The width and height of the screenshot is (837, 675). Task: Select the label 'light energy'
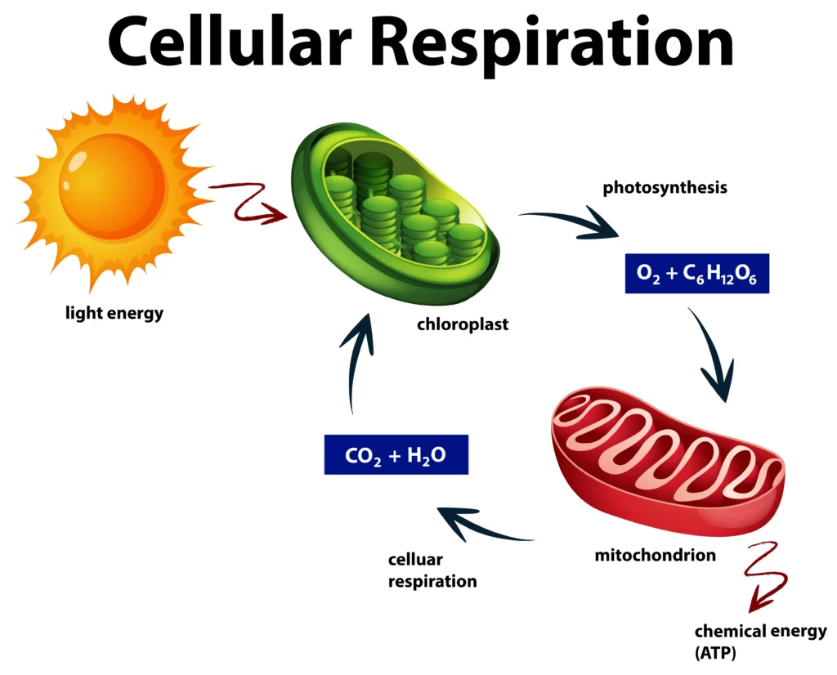(x=114, y=313)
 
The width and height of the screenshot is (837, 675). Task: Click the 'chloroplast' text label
(x=463, y=324)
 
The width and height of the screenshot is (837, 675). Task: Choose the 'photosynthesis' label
(x=665, y=188)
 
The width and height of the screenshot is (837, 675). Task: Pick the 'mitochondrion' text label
(x=655, y=556)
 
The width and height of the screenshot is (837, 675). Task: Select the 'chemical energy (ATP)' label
(x=760, y=642)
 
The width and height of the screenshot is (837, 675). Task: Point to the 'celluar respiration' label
(x=432, y=570)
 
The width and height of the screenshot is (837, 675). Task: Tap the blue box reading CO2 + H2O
(x=396, y=454)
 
